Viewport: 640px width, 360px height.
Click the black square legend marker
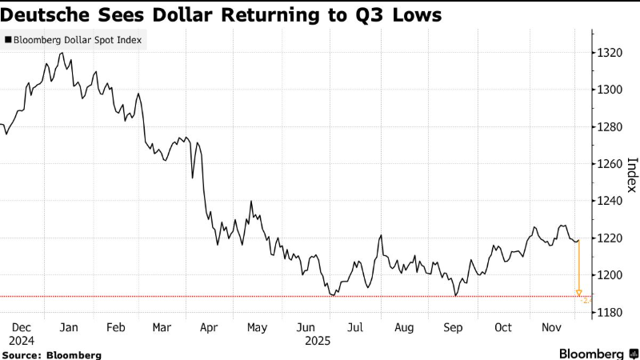click(8, 38)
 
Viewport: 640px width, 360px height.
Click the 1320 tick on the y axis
click(610, 53)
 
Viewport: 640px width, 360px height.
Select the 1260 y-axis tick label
click(610, 164)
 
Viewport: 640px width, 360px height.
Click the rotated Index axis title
click(631, 174)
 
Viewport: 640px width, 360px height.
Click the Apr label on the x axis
click(209, 327)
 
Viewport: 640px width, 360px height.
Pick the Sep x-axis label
click(454, 327)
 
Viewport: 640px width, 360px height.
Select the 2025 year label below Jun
click(306, 340)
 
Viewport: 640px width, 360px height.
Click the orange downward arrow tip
click(578, 294)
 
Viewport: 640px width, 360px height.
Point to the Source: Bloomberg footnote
click(51, 354)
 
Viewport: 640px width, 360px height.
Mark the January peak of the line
click(62, 53)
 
